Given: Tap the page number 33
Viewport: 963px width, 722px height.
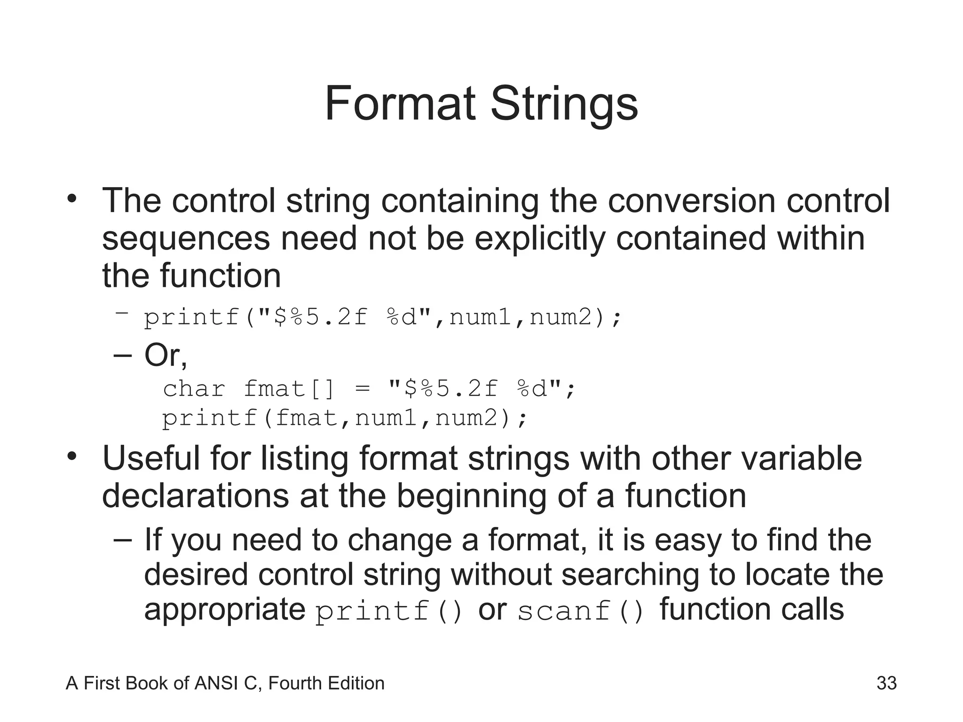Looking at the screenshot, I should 886,683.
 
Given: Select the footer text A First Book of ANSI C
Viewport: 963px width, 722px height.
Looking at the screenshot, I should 162,683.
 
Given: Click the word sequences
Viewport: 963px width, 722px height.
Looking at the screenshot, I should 186,239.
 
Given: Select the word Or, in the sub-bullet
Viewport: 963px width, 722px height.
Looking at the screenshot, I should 166,355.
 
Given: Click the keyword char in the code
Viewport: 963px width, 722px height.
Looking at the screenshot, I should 194,389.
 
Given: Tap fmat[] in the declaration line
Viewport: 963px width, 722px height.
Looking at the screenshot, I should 289,389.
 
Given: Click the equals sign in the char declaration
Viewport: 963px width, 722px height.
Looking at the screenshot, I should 363,389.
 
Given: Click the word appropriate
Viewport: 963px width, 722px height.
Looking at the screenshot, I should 225,611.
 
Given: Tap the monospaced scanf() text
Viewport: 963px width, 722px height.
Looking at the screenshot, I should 581,612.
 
